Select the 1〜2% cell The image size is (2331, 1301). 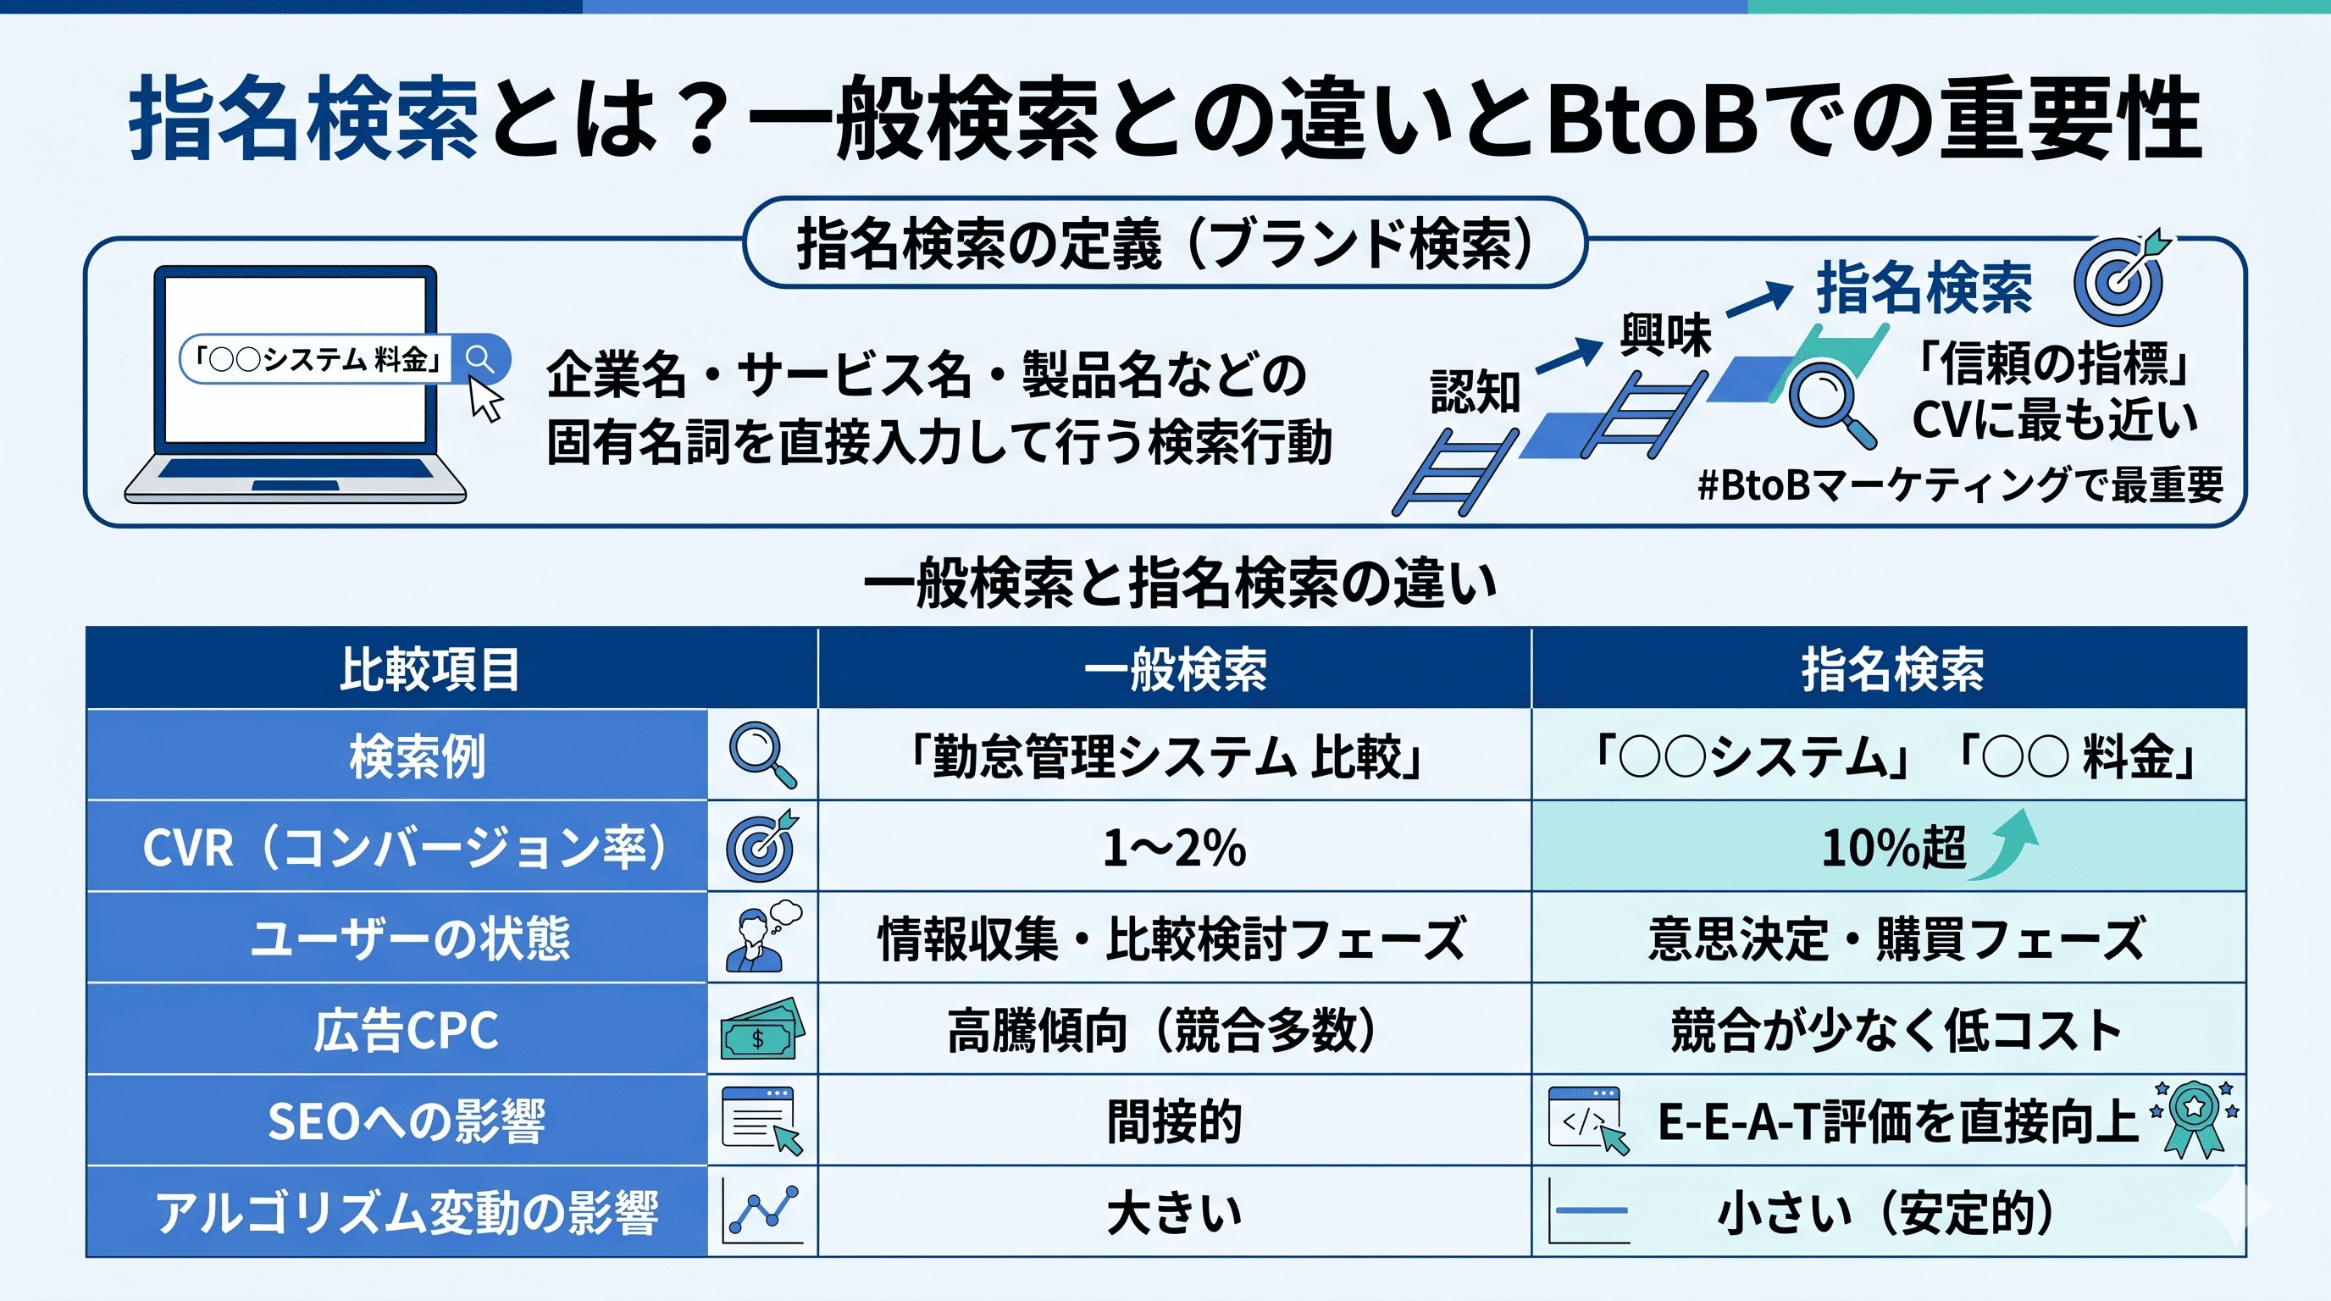[1174, 848]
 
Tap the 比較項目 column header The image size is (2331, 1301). [429, 669]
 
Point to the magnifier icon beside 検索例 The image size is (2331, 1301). [762, 755]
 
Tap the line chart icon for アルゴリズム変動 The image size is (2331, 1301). [763, 1210]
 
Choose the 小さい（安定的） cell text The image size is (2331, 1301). [1885, 1212]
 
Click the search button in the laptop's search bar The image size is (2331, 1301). [479, 359]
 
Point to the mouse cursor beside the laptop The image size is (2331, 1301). [485, 399]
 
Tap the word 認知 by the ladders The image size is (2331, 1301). [1475, 392]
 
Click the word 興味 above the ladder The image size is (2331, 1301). [1665, 335]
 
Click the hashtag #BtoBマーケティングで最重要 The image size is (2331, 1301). [1959, 485]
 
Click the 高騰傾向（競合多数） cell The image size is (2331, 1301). [1163, 1030]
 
